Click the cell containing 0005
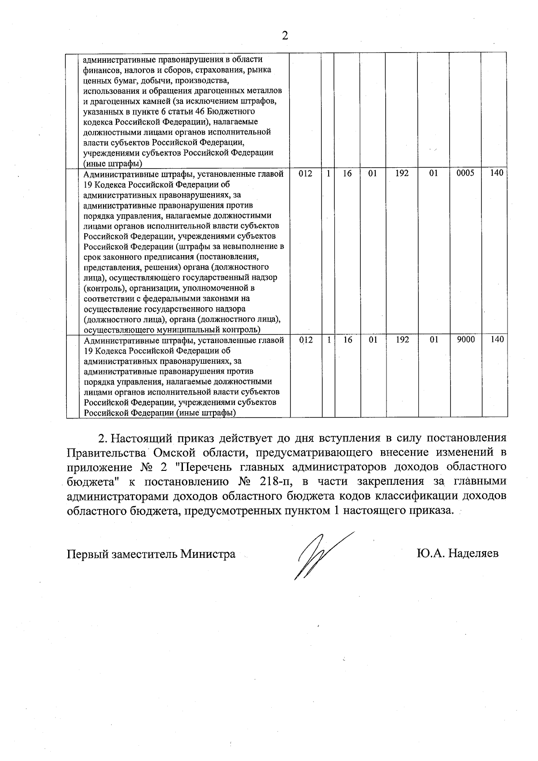[465, 174]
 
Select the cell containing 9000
[465, 340]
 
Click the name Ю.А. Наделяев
[457, 554]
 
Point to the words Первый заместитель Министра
[151, 554]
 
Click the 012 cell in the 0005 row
[305, 174]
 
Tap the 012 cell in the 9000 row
[305, 340]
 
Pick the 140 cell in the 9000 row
[497, 340]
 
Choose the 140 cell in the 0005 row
[497, 174]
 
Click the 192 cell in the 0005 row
[402, 174]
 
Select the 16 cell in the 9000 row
[347, 340]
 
